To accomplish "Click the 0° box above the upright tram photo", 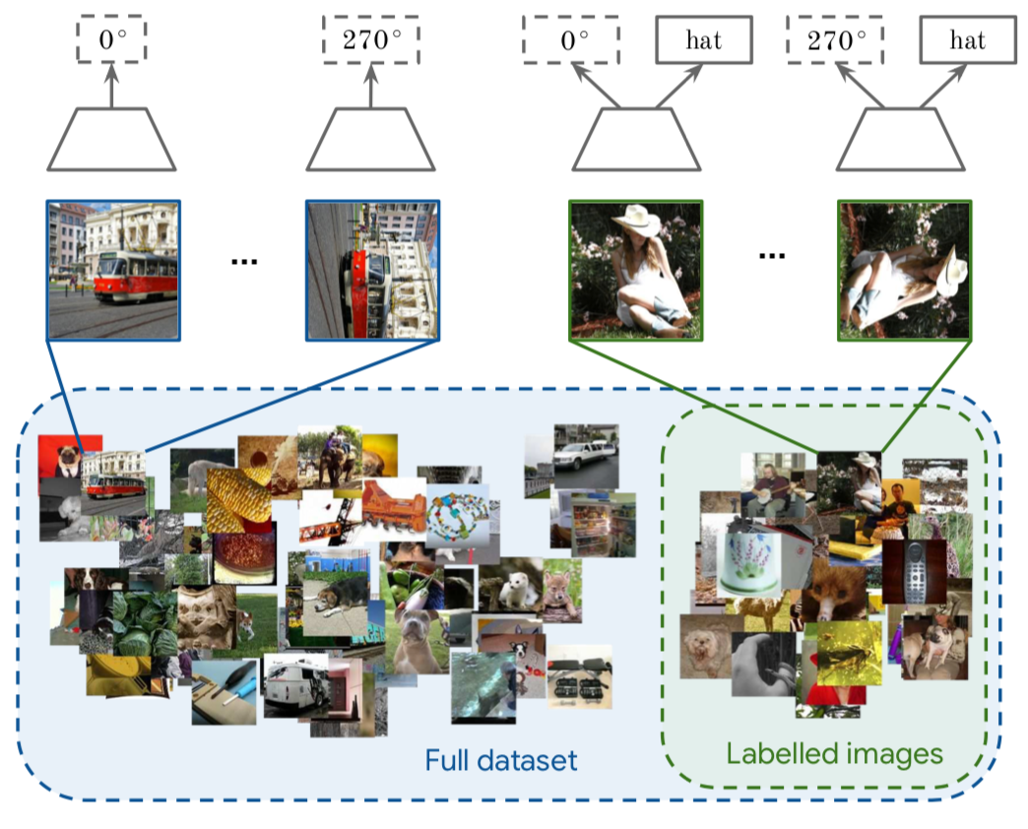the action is point(111,40).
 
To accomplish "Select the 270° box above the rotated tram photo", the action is point(371,40).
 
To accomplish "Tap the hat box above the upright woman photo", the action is point(703,40).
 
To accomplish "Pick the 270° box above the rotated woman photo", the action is point(835,40).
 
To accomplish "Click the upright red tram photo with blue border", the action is point(113,271).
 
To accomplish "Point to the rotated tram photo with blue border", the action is point(372,271).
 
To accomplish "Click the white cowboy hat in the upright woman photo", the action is point(635,221).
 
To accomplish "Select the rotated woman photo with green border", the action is point(905,271).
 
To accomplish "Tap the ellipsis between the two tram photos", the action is point(244,262).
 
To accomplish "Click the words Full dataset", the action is point(501,761).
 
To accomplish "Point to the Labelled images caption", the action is point(835,754).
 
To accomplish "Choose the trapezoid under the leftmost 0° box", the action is point(111,140).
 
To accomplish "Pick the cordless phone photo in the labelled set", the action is point(915,571).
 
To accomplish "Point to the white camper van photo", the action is point(296,685).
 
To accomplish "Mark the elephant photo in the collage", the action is point(330,458).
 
